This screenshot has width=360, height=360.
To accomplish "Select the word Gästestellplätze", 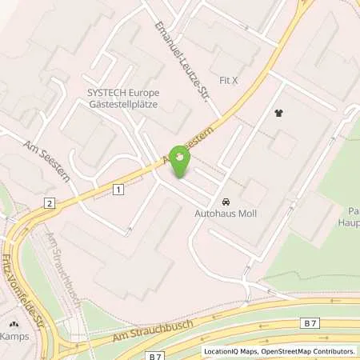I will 125,104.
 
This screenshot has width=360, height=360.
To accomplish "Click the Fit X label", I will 229,81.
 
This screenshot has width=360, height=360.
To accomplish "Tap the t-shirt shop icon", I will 278,114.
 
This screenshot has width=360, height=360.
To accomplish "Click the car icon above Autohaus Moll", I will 226,202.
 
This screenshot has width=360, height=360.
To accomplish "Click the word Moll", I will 244,214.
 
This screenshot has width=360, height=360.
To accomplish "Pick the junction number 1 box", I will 118,190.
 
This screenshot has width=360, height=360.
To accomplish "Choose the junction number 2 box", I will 50,204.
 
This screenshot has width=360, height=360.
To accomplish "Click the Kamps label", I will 14,336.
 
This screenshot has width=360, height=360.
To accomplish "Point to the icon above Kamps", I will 14,325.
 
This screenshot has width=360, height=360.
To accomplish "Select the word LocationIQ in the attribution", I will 222,351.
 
